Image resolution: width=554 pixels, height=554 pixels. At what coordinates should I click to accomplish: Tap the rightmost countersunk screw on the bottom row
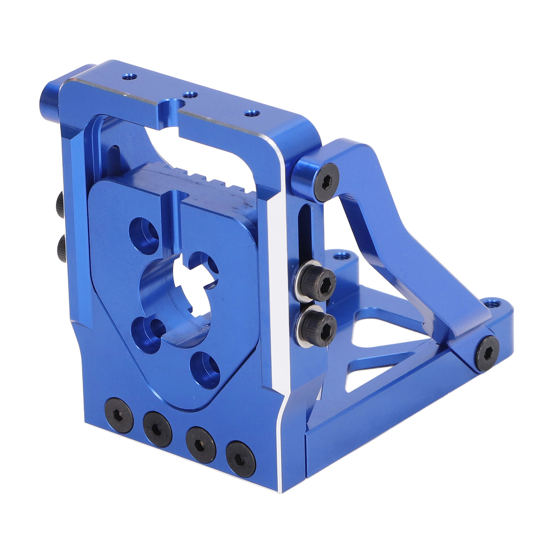241,457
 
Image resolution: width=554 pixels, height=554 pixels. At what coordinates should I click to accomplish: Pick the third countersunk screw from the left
201,445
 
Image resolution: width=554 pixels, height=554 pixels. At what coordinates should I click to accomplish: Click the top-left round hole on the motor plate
144,231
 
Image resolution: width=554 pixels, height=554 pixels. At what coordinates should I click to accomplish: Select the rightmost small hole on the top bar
251,113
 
